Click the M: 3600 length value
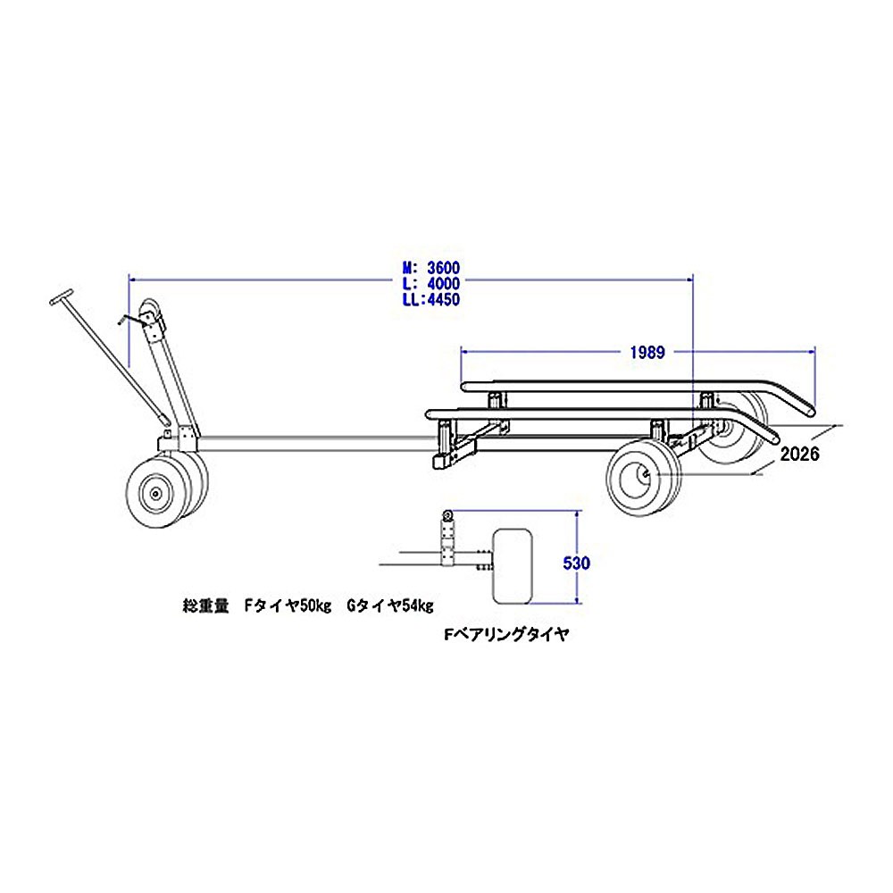tap(431, 268)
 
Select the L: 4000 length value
tap(431, 283)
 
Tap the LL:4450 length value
tap(431, 299)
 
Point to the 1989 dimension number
tap(647, 353)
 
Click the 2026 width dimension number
tap(799, 454)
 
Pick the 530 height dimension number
tap(576, 563)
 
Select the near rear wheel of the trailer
tap(644, 480)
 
